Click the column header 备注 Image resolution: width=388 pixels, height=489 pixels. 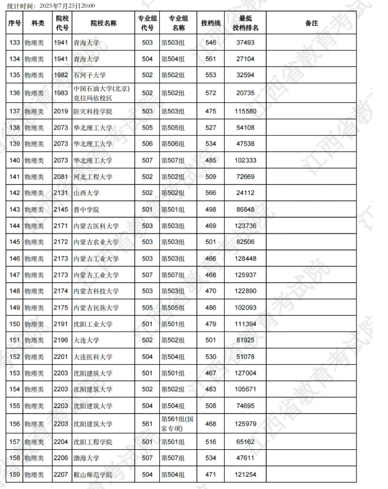click(x=312, y=23)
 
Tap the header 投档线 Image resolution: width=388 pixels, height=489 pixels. click(x=211, y=23)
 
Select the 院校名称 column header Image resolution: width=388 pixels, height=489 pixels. click(x=103, y=23)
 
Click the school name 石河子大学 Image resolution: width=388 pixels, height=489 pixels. click(x=90, y=75)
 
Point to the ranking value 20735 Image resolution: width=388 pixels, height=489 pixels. click(x=245, y=93)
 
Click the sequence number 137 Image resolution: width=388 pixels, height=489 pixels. click(x=15, y=111)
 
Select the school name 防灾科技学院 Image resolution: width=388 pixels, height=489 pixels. click(x=94, y=111)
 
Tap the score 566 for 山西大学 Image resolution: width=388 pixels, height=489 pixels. click(x=211, y=193)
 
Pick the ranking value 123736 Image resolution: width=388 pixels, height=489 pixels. click(x=245, y=226)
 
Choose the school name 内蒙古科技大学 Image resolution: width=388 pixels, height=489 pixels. click(x=97, y=292)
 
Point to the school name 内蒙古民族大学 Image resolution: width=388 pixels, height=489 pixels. click(x=97, y=308)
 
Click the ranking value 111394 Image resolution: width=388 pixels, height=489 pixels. click(x=245, y=324)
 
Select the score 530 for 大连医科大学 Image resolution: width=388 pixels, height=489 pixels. click(x=211, y=357)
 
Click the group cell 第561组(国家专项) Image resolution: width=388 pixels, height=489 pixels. click(x=178, y=424)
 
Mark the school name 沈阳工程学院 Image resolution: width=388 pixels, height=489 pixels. click(x=94, y=442)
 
